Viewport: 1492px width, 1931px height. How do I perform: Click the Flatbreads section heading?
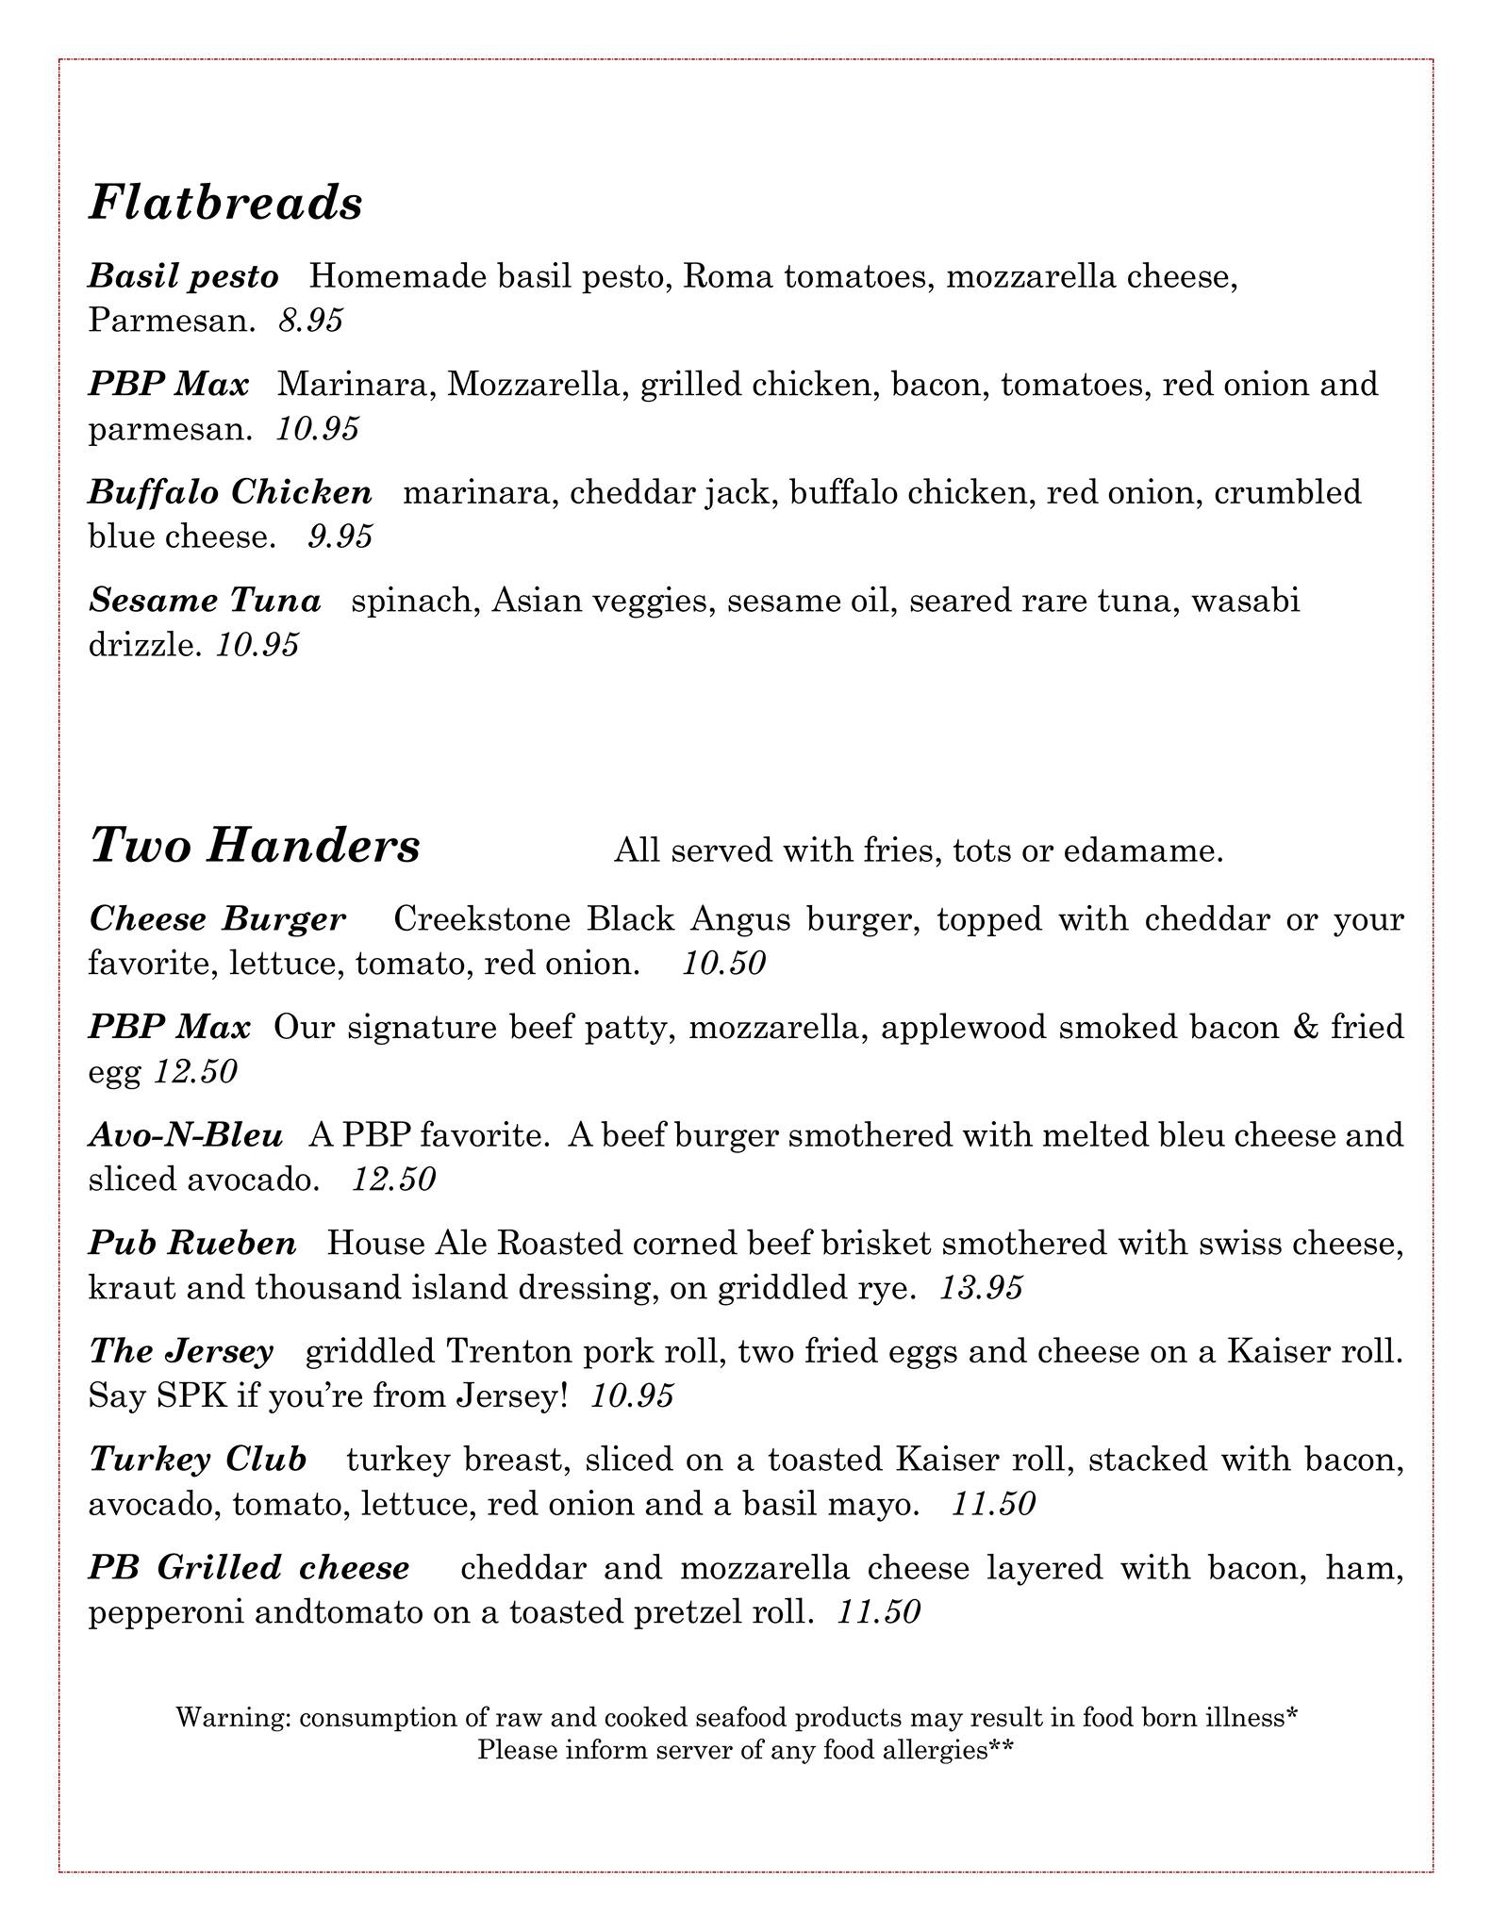225,204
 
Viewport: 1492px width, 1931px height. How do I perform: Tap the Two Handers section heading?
255,846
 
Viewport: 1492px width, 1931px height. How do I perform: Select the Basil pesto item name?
184,276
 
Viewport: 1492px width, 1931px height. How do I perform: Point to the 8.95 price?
311,322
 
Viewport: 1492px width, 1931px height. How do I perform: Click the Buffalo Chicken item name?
230,492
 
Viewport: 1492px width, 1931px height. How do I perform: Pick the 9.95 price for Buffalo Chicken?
340,536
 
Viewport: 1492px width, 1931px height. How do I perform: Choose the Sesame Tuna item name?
205,600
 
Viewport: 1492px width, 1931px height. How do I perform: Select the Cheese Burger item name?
217,918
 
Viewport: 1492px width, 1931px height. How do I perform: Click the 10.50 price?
724,964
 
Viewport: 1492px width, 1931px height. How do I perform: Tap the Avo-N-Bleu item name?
186,1135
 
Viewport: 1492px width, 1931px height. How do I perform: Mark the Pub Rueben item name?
192,1243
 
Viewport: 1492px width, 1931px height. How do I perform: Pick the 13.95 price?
981,1288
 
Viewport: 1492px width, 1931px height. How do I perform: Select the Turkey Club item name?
198,1460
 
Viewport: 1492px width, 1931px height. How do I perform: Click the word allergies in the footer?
919,1750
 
